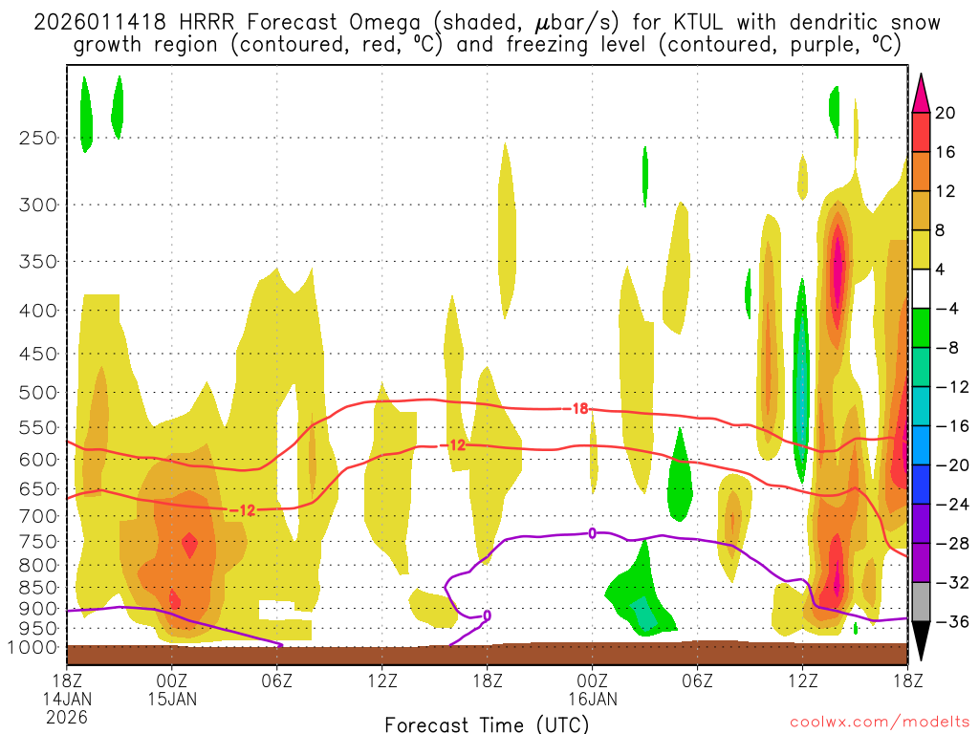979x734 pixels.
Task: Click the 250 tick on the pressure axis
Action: [x=37, y=138]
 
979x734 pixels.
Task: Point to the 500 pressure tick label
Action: [x=37, y=393]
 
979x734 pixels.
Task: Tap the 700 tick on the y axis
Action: [x=37, y=516]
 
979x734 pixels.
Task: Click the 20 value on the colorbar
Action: [x=946, y=113]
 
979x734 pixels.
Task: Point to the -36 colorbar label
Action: [x=949, y=622]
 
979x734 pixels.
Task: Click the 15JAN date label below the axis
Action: [x=172, y=699]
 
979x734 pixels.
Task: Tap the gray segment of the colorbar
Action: [x=922, y=602]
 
